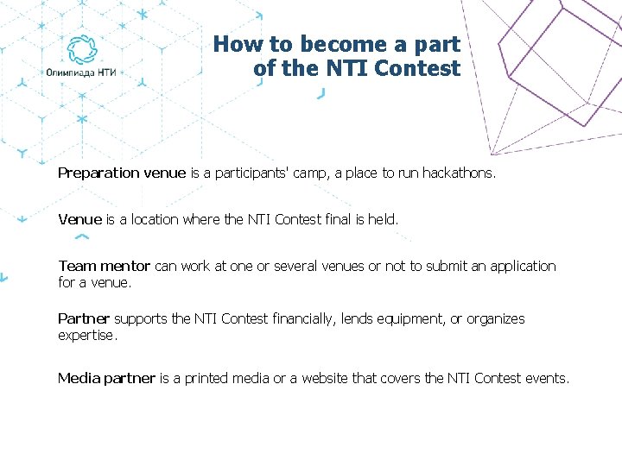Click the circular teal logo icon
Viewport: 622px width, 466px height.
[x=82, y=49]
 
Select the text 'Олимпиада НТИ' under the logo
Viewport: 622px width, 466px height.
[x=81, y=72]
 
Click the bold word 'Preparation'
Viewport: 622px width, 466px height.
[x=98, y=173]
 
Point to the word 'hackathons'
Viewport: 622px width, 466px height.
[x=459, y=173]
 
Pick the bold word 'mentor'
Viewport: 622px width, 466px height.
[x=126, y=266]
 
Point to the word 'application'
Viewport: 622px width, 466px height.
[x=524, y=266]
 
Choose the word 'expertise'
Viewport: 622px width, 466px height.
[x=86, y=335]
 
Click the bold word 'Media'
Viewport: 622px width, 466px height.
[x=79, y=378]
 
